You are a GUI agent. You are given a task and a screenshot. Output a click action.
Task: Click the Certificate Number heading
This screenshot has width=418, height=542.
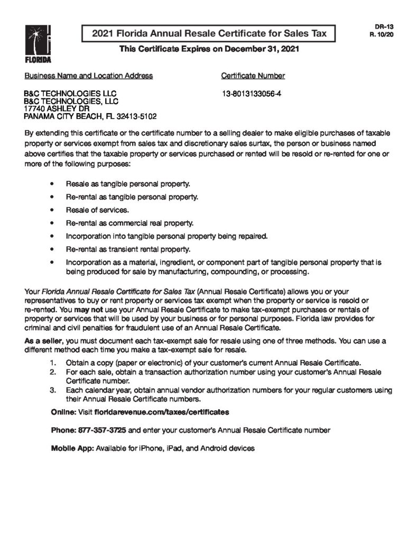coord(253,76)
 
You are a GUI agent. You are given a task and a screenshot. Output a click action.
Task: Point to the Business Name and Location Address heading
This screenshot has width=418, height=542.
coord(89,76)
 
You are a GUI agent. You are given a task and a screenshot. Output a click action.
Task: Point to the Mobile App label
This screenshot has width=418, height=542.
coord(72,448)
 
